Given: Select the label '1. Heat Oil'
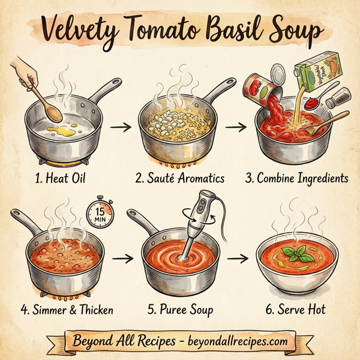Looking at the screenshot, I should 60,178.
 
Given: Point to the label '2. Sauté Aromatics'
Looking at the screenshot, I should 179,178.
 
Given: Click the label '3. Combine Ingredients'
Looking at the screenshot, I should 296,178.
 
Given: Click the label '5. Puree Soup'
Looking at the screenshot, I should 181,310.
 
